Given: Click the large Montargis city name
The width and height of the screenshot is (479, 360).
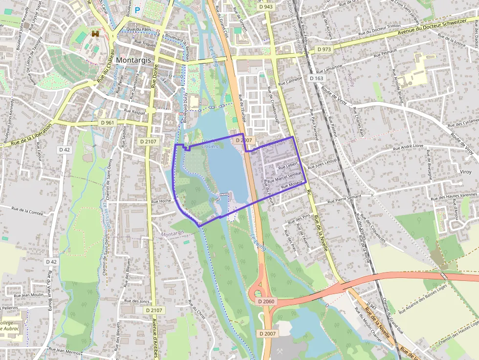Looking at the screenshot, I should point(134,60).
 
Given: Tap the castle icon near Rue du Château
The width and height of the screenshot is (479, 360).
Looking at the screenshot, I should point(95,34).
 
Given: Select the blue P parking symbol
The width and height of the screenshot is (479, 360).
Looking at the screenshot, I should point(137,10).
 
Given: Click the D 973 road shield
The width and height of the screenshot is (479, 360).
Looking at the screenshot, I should point(324,49).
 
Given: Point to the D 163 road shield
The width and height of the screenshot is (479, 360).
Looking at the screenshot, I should point(317,78).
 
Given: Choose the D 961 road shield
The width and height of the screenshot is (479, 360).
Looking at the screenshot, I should point(106,123).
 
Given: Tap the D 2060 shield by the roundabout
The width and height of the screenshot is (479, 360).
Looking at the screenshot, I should point(266,301).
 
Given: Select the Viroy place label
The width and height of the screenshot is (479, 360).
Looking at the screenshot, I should point(466,172).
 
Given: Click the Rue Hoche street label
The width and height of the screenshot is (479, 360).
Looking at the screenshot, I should point(161,201).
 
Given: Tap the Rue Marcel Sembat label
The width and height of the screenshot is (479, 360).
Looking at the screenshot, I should point(284,177).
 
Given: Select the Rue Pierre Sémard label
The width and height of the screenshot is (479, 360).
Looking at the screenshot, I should point(344,199).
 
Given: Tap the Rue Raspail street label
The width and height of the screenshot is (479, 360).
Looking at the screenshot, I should point(134,112).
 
